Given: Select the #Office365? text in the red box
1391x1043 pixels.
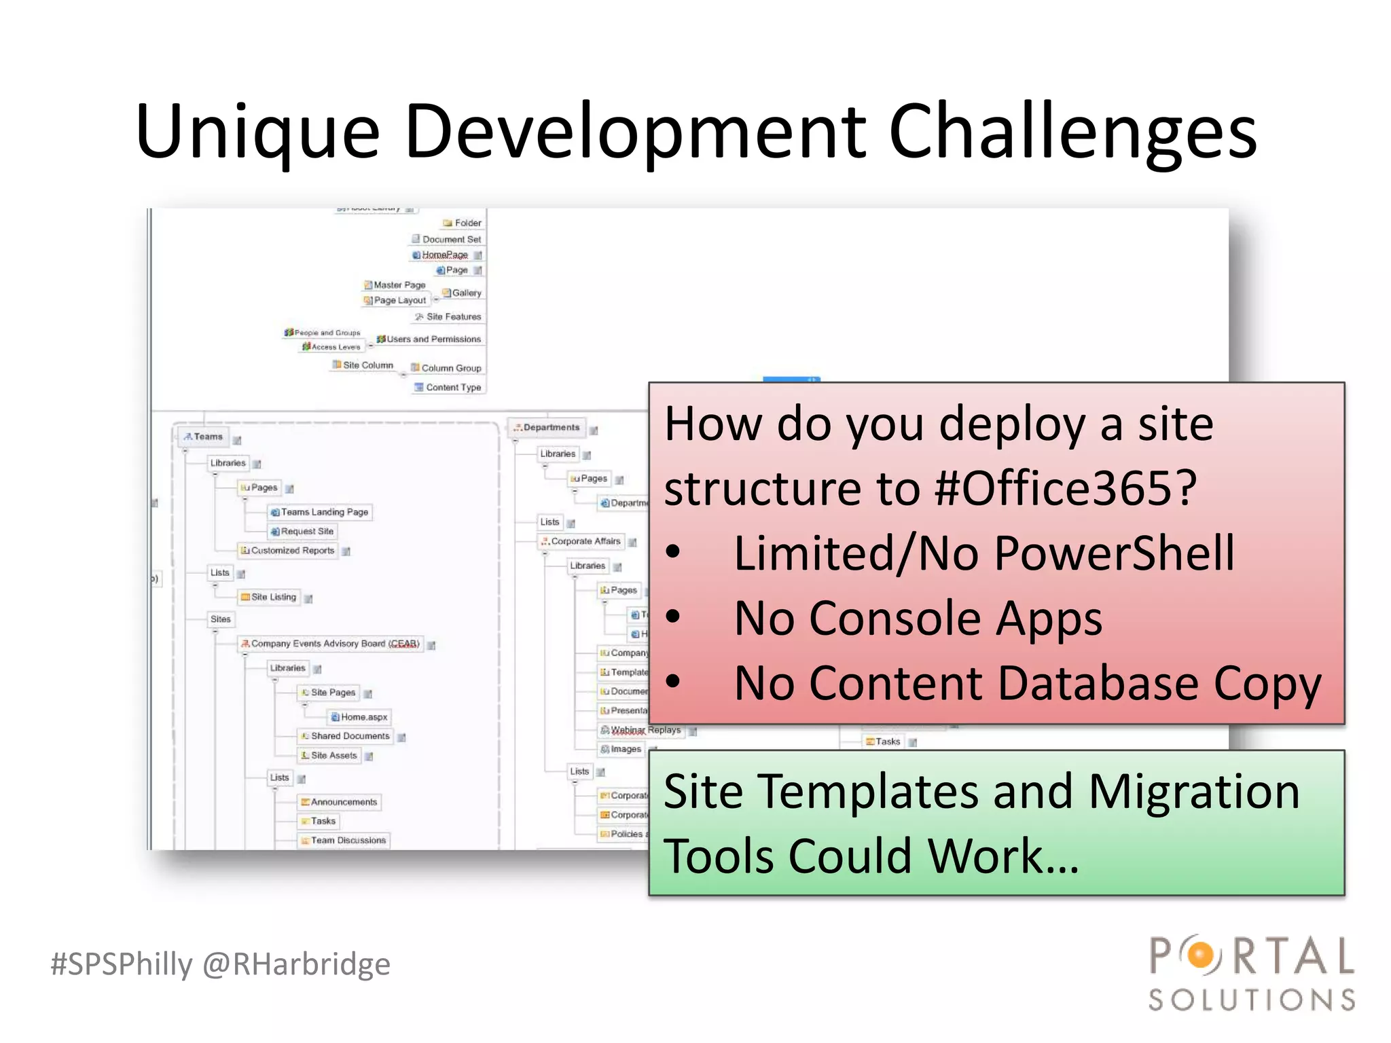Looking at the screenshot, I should pyautogui.click(x=1065, y=488).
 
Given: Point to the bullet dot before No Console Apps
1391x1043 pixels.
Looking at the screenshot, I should pyautogui.click(x=672, y=617).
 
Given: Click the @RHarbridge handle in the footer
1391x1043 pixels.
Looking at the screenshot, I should pyautogui.click(x=297, y=964).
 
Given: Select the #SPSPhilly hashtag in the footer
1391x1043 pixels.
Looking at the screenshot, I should pyautogui.click(x=122, y=964).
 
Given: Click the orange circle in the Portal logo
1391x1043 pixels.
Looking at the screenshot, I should pyautogui.click(x=1201, y=955).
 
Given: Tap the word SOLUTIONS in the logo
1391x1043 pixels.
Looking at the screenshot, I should pyautogui.click(x=1251, y=1000).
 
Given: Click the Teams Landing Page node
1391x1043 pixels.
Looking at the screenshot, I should pyautogui.click(x=324, y=512).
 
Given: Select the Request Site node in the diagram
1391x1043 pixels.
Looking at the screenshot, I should pyautogui.click(x=306, y=531).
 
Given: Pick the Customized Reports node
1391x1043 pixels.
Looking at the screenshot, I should pyautogui.click(x=292, y=550).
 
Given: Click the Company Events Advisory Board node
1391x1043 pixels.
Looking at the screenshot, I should pyautogui.click(x=334, y=643).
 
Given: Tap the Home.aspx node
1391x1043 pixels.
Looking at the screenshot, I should pyautogui.click(x=363, y=716).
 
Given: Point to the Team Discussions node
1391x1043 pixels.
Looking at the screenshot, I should pyautogui.click(x=347, y=840).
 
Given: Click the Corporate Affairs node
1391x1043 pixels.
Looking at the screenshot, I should pyautogui.click(x=585, y=541).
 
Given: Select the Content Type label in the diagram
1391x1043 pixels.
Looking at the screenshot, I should pyautogui.click(x=452, y=387).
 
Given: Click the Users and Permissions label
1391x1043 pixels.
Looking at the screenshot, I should pyautogui.click(x=433, y=339).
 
